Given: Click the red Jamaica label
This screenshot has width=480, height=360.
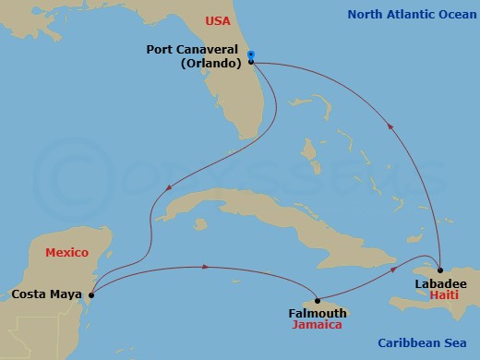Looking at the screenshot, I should coord(317,325).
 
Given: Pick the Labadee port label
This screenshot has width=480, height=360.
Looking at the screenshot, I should coord(441,282).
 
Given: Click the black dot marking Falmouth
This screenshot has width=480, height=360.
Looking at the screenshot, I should coord(317,300).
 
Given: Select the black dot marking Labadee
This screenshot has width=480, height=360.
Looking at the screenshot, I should coord(440,270).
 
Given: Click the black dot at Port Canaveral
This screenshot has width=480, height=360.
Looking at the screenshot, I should coord(251,63).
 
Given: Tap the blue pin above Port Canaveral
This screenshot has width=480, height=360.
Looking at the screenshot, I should coord(251,54).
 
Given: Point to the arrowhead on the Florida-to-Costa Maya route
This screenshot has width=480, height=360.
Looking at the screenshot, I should coord(168,192).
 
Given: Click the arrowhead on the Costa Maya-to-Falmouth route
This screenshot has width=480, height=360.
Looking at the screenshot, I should coord(205,268).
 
